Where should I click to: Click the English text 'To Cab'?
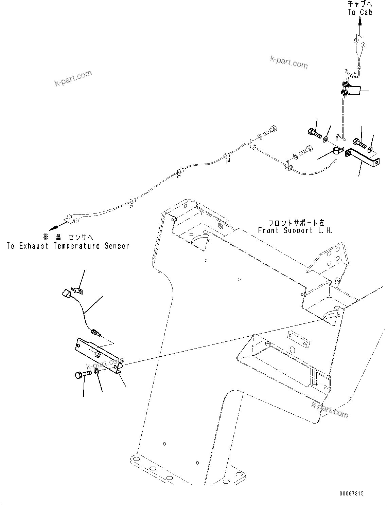point(360,12)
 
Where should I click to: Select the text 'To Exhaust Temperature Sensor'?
point(68,246)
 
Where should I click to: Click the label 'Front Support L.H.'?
point(295,230)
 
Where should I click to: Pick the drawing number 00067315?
point(351,493)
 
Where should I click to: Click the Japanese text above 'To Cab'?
point(360,4)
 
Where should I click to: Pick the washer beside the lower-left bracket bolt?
point(96,372)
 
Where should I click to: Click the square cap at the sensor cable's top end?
point(66,294)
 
